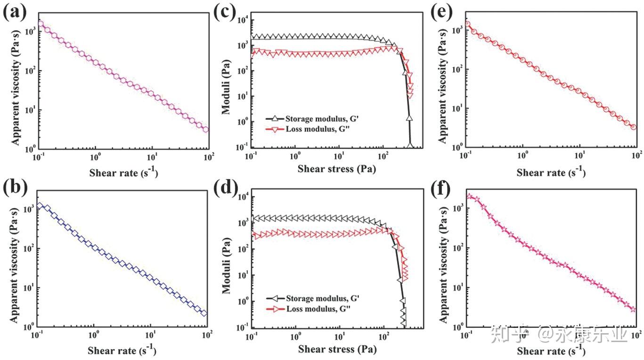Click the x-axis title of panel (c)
coord(337,169)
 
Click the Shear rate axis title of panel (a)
coord(123,172)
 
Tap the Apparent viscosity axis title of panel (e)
coord(442,80)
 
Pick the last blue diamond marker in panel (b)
coord(204,313)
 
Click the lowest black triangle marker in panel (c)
coord(410,146)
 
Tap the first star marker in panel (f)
coord(469,196)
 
